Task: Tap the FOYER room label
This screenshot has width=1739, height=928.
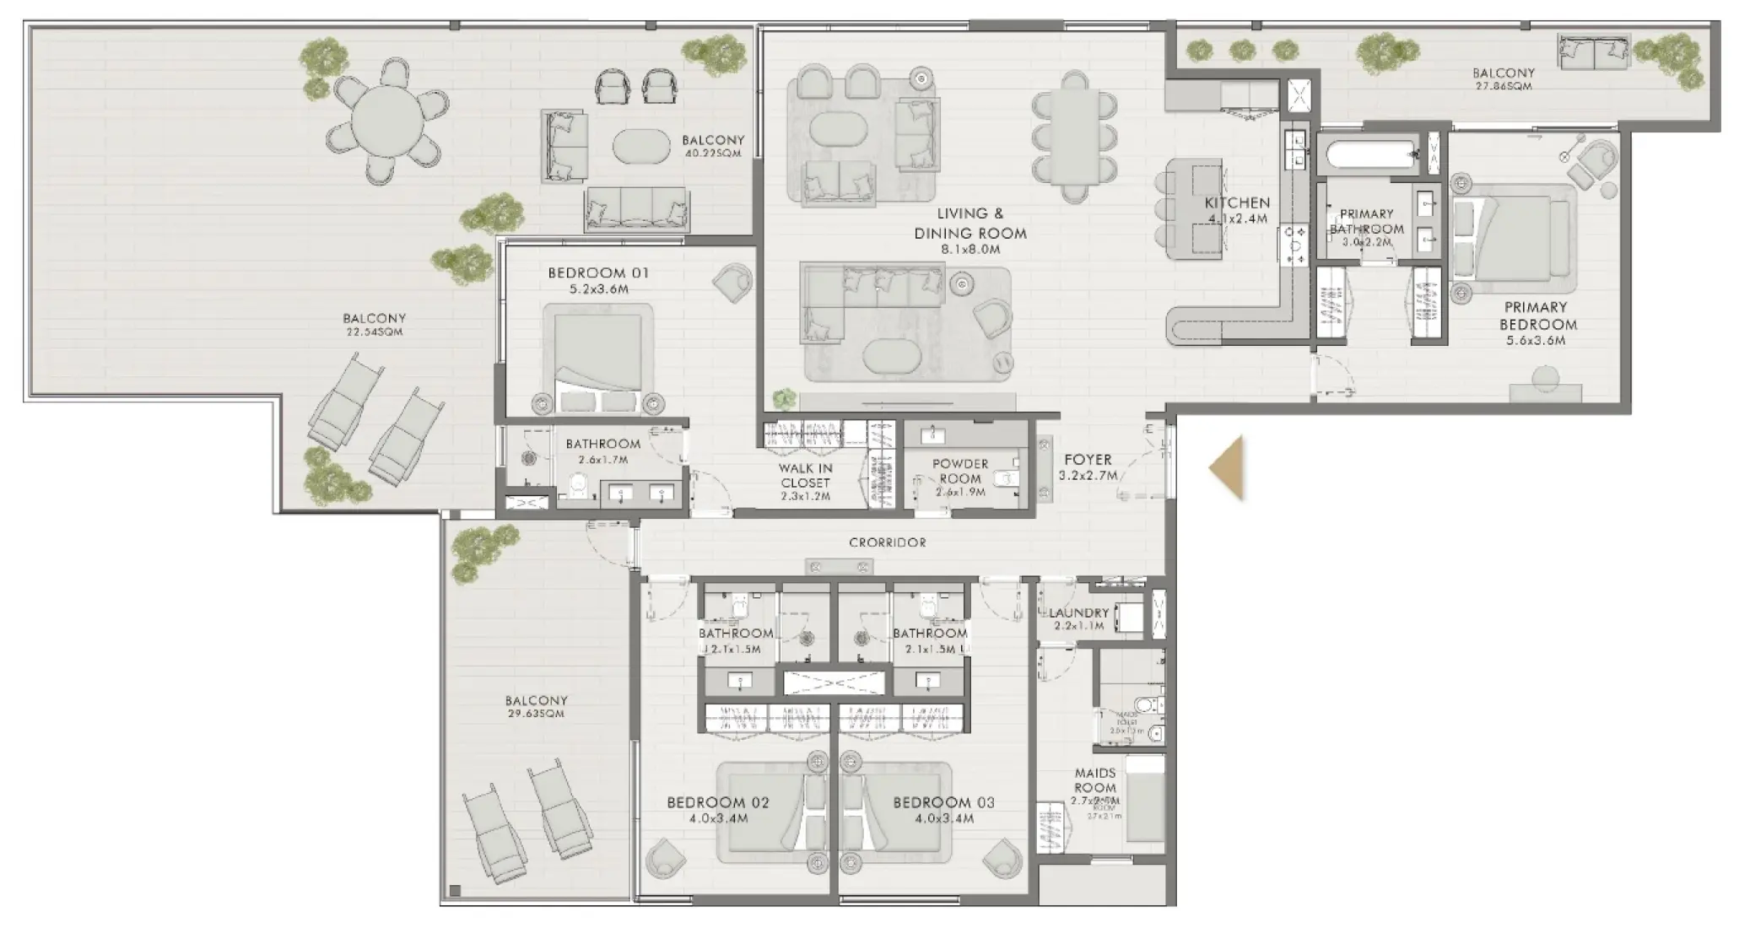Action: (x=1088, y=460)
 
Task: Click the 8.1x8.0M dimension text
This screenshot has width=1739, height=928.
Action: (x=970, y=250)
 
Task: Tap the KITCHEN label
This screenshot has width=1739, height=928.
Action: (x=1237, y=202)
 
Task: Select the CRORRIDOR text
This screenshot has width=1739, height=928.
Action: (x=888, y=542)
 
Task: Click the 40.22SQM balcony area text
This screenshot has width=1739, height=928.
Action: (x=714, y=154)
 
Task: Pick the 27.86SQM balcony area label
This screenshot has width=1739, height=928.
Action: (x=1504, y=86)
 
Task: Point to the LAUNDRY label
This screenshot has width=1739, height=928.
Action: (x=1078, y=613)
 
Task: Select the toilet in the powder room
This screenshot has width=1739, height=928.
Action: (x=1006, y=479)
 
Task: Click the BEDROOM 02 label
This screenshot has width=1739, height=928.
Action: (x=718, y=802)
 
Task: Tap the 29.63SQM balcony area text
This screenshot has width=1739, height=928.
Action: (x=536, y=714)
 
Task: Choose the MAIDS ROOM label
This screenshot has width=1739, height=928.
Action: (x=1095, y=780)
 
